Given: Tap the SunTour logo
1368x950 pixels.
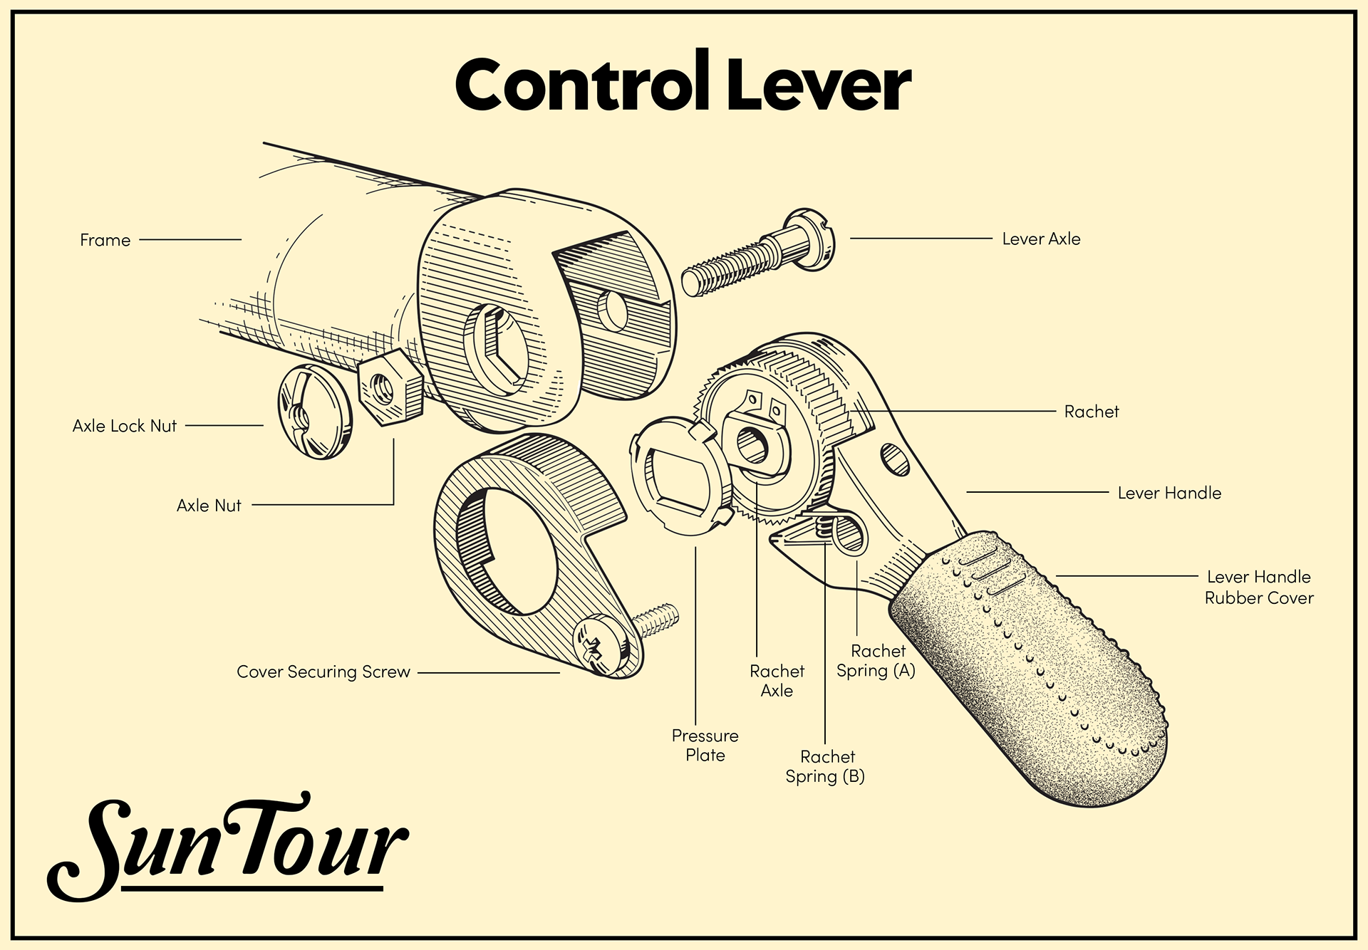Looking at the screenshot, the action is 228,847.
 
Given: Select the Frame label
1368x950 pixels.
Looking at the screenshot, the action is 105,240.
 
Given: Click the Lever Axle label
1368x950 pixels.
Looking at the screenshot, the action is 1041,239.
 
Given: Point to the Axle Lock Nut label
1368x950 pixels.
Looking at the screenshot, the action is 125,426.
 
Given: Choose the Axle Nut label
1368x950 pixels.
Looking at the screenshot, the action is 209,506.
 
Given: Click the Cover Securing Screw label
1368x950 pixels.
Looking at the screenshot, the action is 323,672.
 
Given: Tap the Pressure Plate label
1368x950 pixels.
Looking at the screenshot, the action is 705,746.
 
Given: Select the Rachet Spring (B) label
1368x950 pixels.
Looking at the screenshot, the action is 825,766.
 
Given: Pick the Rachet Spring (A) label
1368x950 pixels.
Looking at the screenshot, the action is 876,661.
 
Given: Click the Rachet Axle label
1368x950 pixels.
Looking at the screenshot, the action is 777,681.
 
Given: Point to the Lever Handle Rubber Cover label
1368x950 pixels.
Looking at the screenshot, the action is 1259,588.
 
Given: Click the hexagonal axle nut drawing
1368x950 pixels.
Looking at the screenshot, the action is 389,388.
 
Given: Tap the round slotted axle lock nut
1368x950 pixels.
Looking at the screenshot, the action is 314,412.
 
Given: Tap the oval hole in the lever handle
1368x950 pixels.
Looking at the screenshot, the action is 895,459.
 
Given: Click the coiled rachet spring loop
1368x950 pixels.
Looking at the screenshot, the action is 848,535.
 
